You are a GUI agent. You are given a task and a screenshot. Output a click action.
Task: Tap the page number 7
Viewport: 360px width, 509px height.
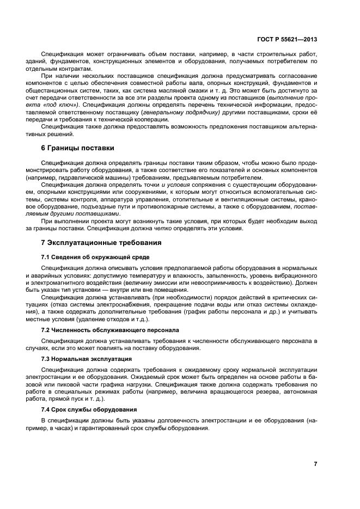tap(315, 464)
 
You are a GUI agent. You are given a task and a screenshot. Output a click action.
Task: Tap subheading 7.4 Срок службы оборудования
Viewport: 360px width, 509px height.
tap(89, 409)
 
